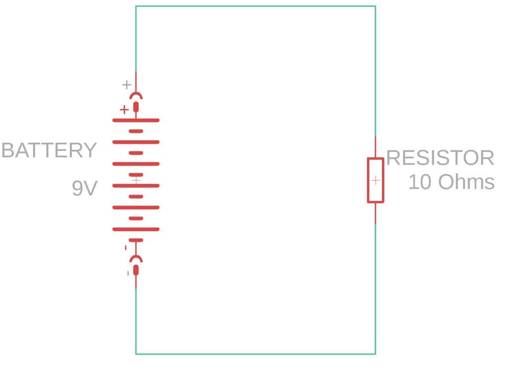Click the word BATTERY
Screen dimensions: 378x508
click(49, 150)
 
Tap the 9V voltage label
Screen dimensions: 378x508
click(84, 189)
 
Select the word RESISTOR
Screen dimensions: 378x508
click(440, 158)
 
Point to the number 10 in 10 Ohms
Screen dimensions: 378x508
click(420, 182)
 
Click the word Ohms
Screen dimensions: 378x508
click(466, 182)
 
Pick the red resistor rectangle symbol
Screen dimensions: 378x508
click(375, 180)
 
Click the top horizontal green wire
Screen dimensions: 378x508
click(255, 6)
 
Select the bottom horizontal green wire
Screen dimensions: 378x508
click(255, 354)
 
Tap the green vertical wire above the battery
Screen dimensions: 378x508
click(136, 40)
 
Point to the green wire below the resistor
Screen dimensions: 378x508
click(375, 288)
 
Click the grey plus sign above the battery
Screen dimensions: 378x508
click(127, 85)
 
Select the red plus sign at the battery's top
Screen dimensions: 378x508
click(124, 110)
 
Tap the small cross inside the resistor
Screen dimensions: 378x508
click(376, 180)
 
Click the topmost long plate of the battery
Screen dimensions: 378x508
click(136, 120)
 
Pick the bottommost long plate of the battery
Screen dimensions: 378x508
click(136, 229)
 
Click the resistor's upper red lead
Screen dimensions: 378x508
click(375, 147)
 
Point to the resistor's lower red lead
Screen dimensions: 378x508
click(375, 213)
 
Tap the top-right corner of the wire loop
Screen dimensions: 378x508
click(375, 6)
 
